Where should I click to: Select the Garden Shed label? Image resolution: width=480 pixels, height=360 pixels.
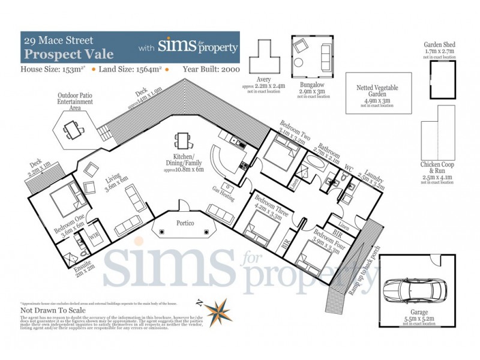[442, 44]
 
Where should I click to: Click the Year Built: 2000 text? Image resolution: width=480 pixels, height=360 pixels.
[211, 70]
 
